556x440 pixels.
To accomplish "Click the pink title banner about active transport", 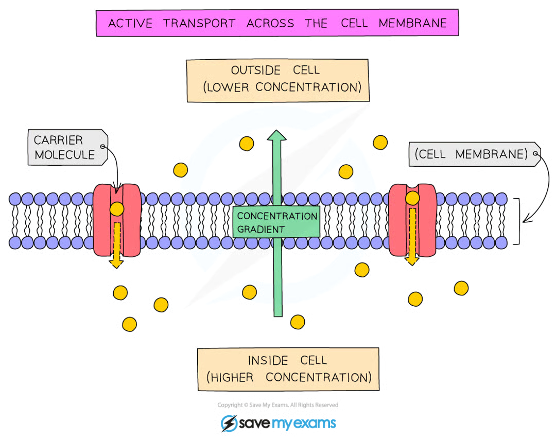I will (x=277, y=24).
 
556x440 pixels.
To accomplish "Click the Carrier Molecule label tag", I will (x=65, y=147).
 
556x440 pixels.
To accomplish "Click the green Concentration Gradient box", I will (x=276, y=222).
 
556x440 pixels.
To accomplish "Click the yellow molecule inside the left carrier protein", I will (x=116, y=209).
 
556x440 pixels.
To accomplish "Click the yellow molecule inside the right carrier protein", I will (x=412, y=198).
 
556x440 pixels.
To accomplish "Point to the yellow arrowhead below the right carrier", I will (x=411, y=260).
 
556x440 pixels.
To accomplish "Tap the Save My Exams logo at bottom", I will (x=279, y=424).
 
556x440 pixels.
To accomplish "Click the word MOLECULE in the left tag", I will (x=64, y=154).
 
